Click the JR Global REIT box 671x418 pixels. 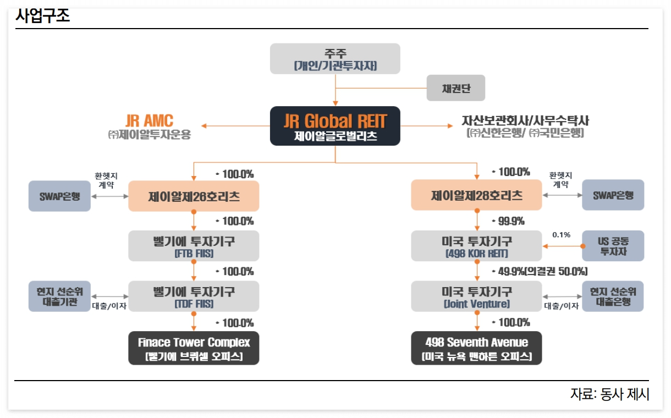coord(335,126)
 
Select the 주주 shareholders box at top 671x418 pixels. coord(335,59)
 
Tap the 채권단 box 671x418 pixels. coord(456,88)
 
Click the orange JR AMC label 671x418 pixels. coord(149,120)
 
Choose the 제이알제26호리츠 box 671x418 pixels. coord(194,196)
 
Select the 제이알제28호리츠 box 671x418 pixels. coord(476,196)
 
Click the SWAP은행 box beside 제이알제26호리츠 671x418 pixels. coord(59,196)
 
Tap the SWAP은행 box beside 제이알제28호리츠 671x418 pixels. coord(613,195)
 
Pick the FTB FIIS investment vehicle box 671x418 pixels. coord(194,246)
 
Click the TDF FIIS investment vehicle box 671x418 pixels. coord(194,296)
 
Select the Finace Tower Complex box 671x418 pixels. coord(194,348)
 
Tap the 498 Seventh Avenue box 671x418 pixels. coord(476,348)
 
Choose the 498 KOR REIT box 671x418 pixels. coord(476,246)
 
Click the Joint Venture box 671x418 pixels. coord(476,296)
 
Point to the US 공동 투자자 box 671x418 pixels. coord(613,246)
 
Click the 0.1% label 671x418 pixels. coord(561,235)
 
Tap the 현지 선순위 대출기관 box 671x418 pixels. coord(59,296)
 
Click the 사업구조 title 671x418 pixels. coord(43,16)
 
